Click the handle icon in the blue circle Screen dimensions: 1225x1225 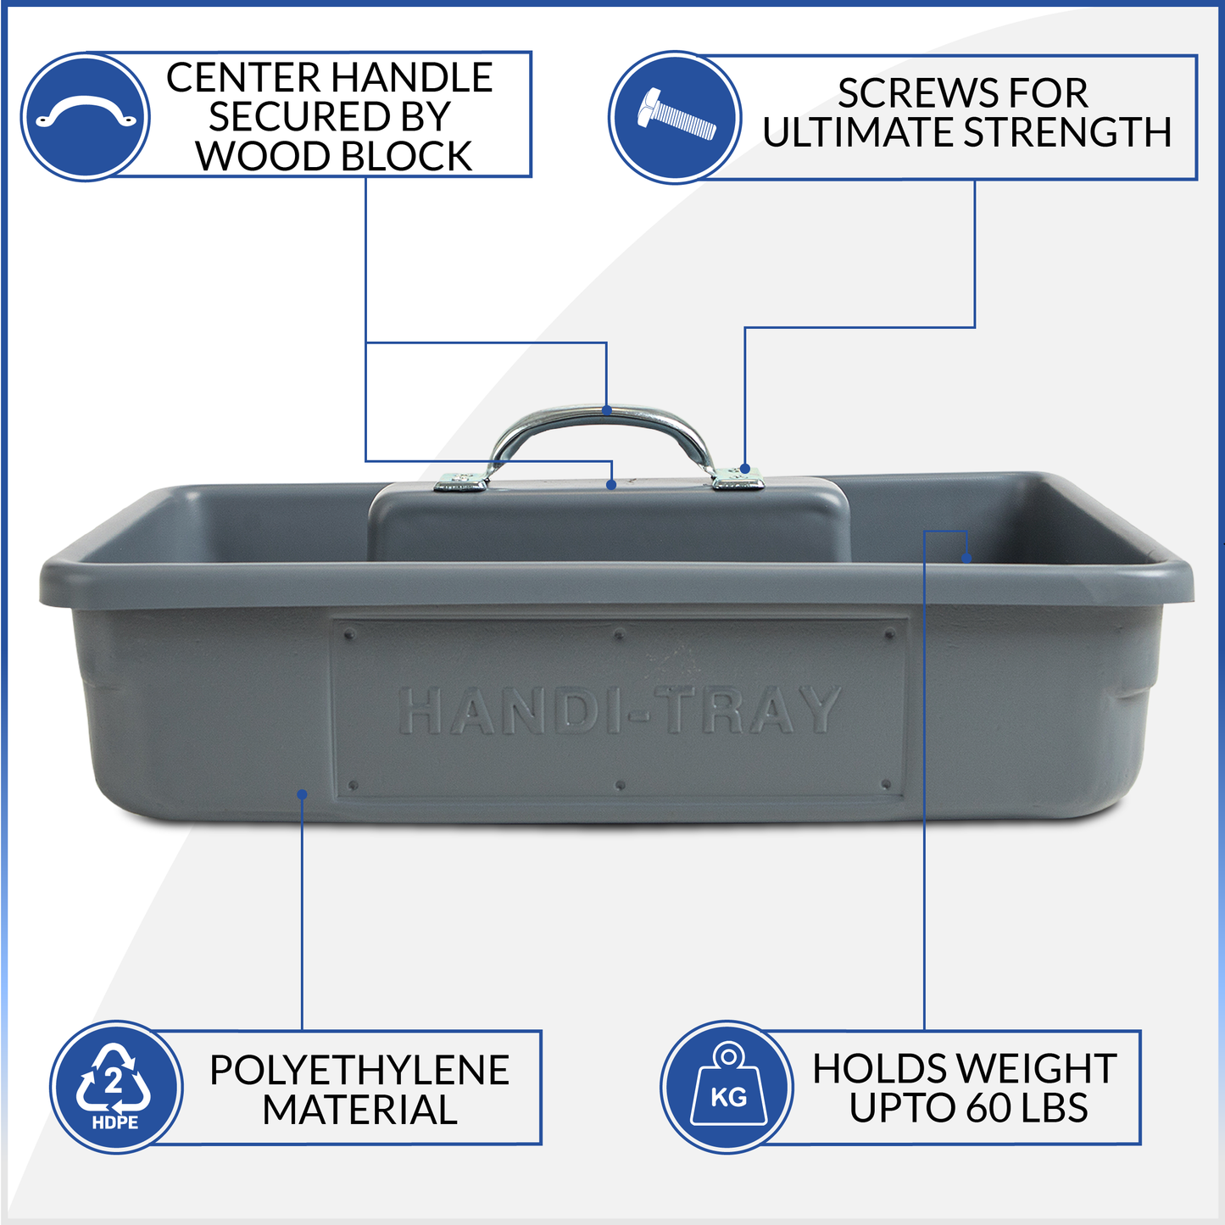[85, 110]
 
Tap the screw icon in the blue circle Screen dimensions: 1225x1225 [676, 115]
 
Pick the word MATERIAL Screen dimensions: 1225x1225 [359, 1110]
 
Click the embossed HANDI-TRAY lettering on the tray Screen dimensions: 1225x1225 [620, 710]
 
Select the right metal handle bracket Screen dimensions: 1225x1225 [738, 478]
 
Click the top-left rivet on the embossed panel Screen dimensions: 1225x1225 [350, 634]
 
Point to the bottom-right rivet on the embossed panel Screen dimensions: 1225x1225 [887, 785]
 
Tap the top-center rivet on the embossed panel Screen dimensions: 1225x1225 [619, 634]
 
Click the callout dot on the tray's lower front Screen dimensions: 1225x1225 [303, 794]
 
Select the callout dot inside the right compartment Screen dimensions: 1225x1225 [966, 558]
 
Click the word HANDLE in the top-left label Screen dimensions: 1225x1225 [412, 77]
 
